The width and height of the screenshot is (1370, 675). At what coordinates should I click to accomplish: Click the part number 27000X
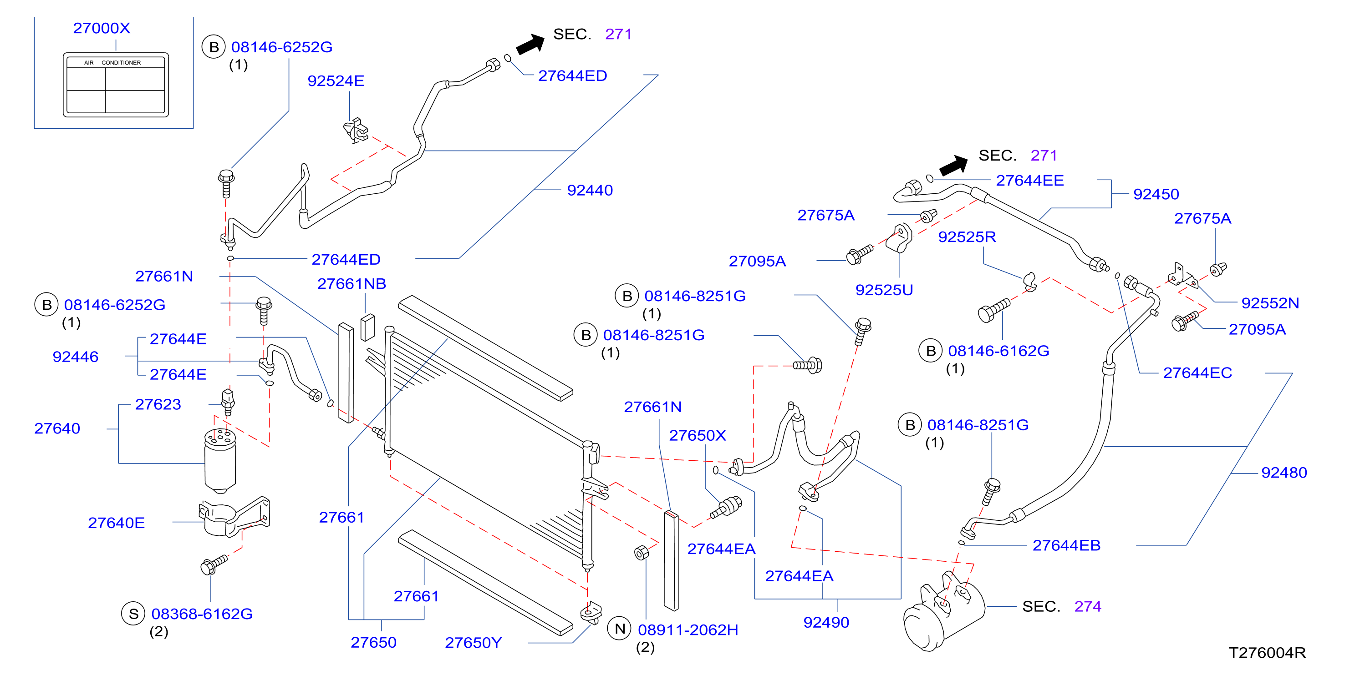[102, 28]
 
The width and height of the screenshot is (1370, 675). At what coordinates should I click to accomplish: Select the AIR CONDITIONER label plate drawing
[116, 85]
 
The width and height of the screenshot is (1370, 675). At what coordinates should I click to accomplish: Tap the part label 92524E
[336, 81]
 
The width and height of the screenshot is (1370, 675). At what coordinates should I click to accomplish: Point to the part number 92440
[590, 190]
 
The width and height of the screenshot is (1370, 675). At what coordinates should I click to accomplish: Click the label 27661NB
[351, 284]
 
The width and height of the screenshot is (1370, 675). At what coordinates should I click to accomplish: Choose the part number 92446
[76, 357]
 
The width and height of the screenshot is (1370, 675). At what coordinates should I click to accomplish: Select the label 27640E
[117, 523]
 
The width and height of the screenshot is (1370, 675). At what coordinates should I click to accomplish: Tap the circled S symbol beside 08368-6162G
[133, 614]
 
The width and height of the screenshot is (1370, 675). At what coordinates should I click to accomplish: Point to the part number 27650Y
[474, 643]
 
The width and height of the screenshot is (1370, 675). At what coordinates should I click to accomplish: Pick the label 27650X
[697, 436]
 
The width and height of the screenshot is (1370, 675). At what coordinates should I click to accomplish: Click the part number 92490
[826, 622]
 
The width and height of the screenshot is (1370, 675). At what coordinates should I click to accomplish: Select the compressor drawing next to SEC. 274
[943, 611]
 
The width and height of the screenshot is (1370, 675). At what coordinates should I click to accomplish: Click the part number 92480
[1284, 473]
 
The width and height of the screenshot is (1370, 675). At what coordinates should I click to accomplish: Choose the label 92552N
[1270, 303]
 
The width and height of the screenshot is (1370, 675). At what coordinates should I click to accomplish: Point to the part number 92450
[1156, 194]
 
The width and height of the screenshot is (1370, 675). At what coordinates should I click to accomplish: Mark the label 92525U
[884, 290]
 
